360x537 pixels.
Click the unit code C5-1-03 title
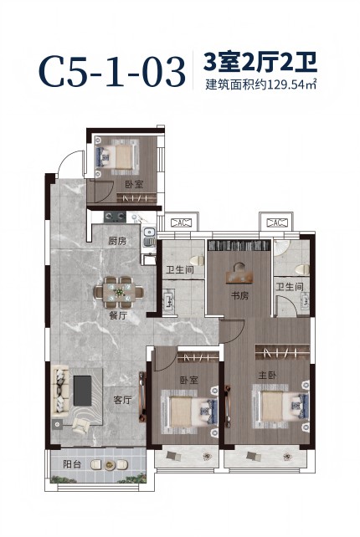point(112,73)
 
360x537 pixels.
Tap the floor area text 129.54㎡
point(293,84)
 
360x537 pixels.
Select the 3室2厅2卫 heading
point(260,62)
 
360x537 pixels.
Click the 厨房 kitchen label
point(117,241)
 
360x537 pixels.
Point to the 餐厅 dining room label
point(118,315)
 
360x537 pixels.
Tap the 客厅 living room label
point(122,400)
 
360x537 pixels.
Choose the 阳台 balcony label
point(72,464)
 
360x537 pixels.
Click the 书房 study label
point(239,295)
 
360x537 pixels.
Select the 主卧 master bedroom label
point(267,376)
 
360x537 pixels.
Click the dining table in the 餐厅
point(119,292)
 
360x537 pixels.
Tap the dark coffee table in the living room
point(83,391)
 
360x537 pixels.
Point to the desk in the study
point(239,276)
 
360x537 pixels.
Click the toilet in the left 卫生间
point(196,261)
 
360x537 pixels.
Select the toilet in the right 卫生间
point(302,269)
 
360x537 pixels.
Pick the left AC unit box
point(181,223)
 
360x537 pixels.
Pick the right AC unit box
point(276,222)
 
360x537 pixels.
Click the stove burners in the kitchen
point(115,216)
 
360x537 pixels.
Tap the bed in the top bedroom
point(119,156)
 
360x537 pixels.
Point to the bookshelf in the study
point(239,245)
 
